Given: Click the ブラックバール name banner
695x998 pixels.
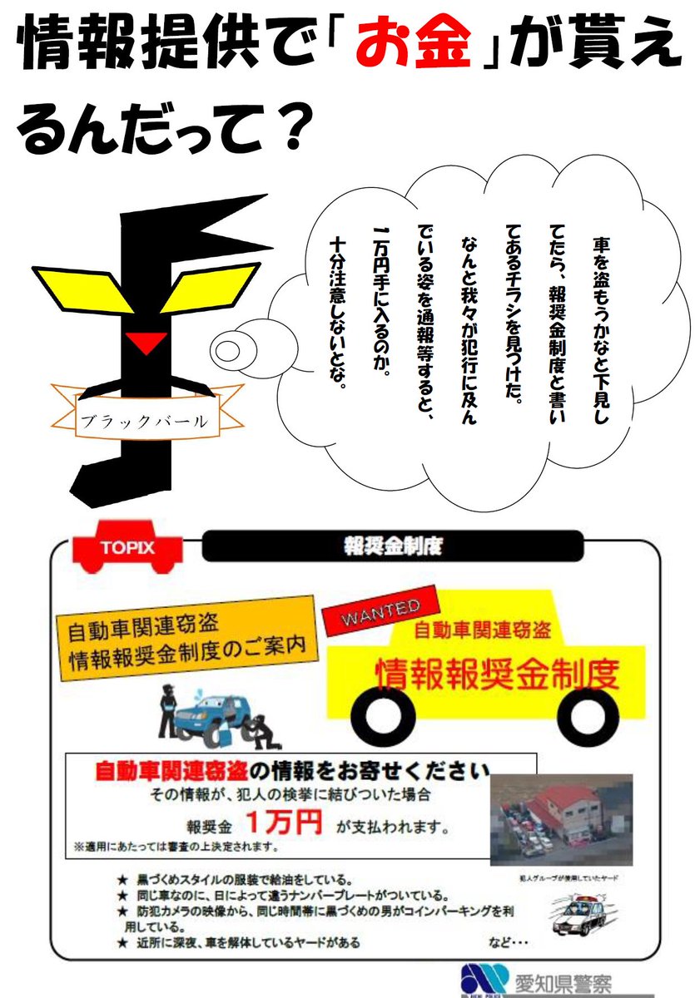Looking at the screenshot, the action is click(x=142, y=419).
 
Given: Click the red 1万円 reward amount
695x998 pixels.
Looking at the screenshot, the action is click(x=283, y=823).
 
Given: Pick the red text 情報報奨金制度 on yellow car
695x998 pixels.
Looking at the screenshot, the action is click(x=498, y=673).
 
